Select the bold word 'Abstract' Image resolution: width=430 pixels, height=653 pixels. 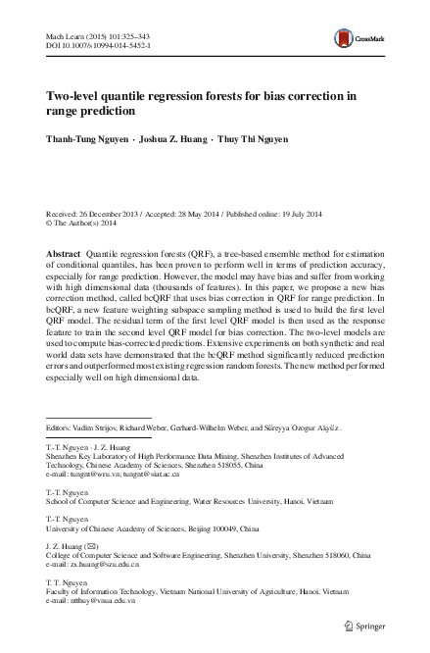pos(64,253)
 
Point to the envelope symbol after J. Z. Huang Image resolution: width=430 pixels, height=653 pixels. pos(96,545)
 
